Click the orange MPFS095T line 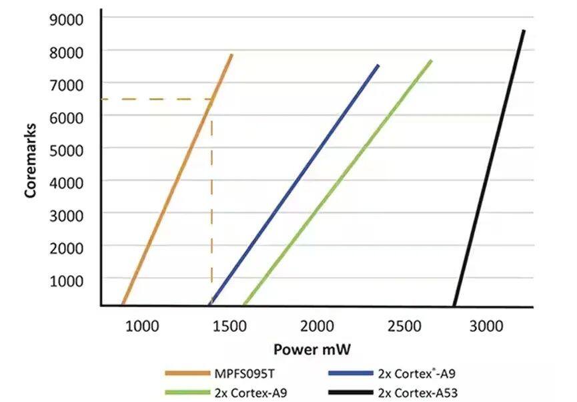tap(177, 180)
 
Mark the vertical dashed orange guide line tap(212, 200)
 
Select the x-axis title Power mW tap(313, 349)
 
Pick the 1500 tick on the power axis tap(230, 327)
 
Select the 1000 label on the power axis tap(143, 327)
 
